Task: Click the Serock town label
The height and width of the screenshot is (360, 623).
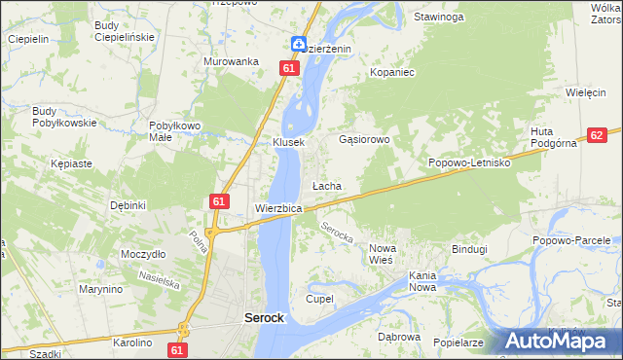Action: [x=263, y=317]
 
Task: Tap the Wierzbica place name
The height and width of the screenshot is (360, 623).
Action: [x=278, y=208]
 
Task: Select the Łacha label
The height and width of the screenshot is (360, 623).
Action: [x=325, y=185]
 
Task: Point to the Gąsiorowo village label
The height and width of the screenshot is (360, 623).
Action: [x=364, y=139]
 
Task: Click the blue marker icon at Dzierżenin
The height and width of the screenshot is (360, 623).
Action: [x=299, y=44]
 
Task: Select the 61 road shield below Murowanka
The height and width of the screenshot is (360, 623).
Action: [x=288, y=68]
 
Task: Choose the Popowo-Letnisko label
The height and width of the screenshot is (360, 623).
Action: [x=470, y=162]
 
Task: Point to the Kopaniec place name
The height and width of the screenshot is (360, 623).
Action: [x=393, y=72]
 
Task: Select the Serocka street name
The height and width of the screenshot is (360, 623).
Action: [x=336, y=234]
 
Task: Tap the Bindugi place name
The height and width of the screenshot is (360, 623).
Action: [x=469, y=249]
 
